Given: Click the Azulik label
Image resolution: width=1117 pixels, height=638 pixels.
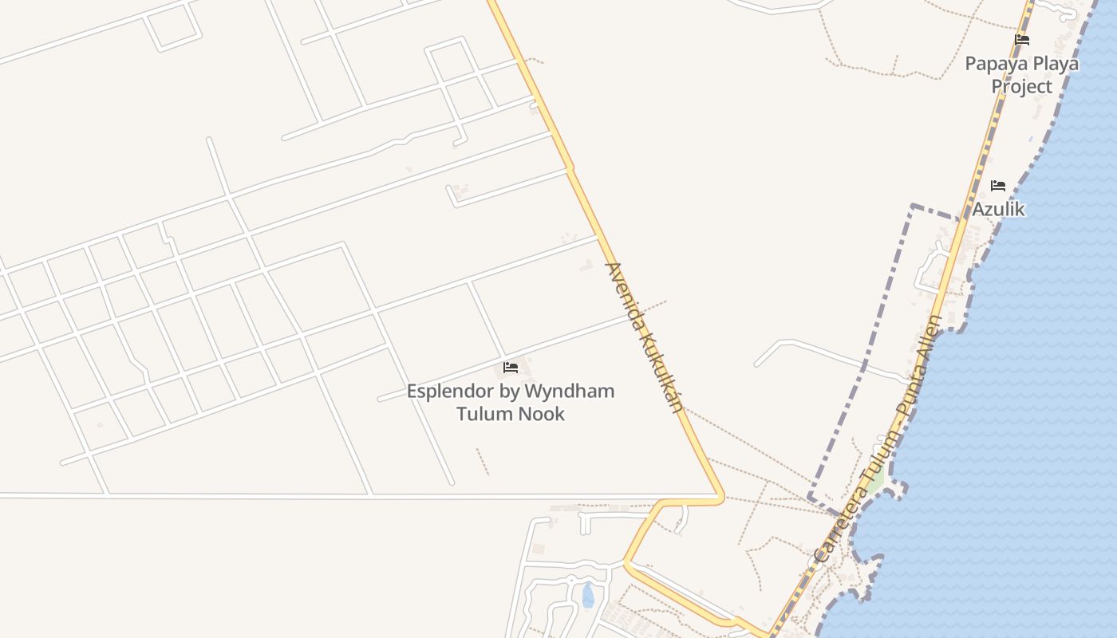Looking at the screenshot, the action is pos(998,209).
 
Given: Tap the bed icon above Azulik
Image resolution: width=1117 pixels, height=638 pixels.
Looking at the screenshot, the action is pos(998,186).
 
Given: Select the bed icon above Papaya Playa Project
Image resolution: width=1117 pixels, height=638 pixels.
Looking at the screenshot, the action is pos(1022,40).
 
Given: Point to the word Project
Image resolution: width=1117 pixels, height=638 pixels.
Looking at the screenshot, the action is pos(1022,86).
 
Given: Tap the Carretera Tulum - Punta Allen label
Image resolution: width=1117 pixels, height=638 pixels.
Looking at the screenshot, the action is pos(878,439).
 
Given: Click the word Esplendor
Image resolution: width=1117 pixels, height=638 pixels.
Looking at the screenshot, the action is pos(449,392).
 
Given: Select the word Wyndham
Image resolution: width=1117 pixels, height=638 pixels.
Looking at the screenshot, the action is pos(578,392).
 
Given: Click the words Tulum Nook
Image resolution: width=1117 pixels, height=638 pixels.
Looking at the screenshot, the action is pos(511,414).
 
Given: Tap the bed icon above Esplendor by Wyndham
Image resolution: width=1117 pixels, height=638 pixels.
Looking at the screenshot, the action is pos(511,368).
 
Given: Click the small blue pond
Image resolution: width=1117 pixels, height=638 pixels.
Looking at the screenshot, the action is pos(588,595).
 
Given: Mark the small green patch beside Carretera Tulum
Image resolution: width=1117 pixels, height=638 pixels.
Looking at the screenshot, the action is pos(875,482).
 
